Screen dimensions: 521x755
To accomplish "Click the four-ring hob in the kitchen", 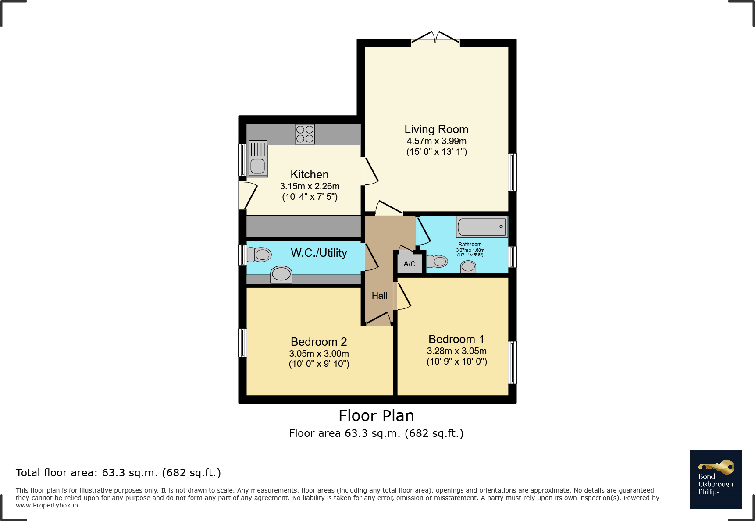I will pyautogui.click(x=305, y=134).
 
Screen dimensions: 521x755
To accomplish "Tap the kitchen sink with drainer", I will pyautogui.click(x=258, y=158).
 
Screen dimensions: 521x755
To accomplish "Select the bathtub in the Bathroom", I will pyautogui.click(x=481, y=227).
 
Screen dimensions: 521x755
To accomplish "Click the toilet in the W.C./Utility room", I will pyautogui.click(x=260, y=255).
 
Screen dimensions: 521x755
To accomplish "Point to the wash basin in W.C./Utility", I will pyautogui.click(x=281, y=275).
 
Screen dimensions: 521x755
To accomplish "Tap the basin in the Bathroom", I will pyautogui.click(x=468, y=266).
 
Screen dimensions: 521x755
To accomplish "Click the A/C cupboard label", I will pyautogui.click(x=410, y=264).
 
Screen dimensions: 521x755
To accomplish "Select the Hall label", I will pyautogui.click(x=379, y=296).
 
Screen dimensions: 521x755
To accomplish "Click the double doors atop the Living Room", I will pyautogui.click(x=435, y=38).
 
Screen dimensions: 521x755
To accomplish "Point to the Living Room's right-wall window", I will pyautogui.click(x=512, y=172).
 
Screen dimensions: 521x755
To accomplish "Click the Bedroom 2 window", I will pyautogui.click(x=242, y=342).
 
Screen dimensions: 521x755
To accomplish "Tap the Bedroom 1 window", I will pyautogui.click(x=512, y=362).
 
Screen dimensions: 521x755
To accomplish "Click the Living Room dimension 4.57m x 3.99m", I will pyautogui.click(x=436, y=141).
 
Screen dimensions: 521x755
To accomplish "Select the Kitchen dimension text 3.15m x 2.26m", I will pyautogui.click(x=310, y=186).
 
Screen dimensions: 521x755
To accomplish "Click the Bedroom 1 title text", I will pyautogui.click(x=456, y=339).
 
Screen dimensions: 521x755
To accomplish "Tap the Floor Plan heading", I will pyautogui.click(x=376, y=415).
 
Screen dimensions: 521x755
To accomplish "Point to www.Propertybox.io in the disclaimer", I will pyautogui.click(x=47, y=505).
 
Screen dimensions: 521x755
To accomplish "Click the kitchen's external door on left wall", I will pyautogui.click(x=245, y=195).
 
